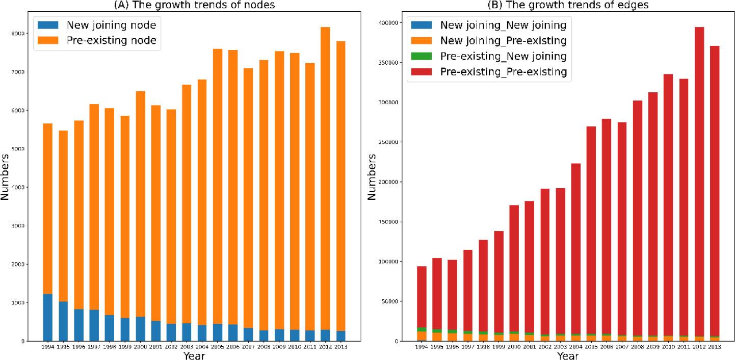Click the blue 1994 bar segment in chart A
47,317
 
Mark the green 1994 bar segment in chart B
422,329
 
